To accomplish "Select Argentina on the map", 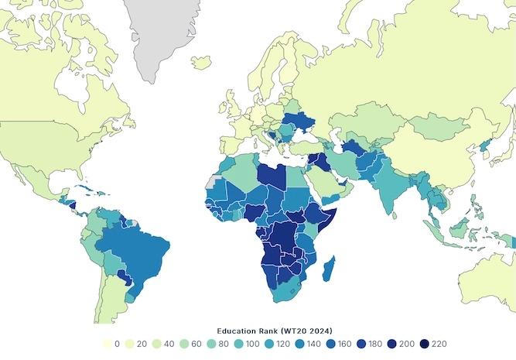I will (x=116, y=310).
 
